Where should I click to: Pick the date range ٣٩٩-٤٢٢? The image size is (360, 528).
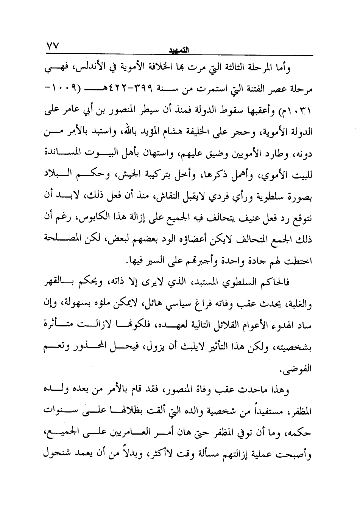134,91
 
